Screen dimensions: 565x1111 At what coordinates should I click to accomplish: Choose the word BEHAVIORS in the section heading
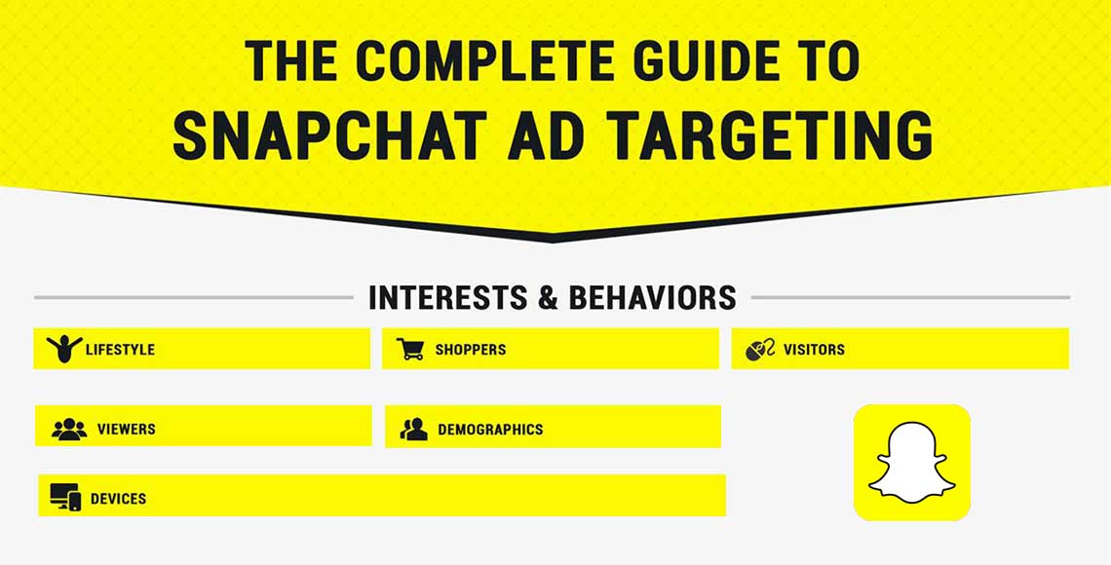pos(652,297)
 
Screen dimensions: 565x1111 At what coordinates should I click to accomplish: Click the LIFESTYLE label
pos(120,350)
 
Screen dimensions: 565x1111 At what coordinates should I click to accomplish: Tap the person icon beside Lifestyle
pos(64,349)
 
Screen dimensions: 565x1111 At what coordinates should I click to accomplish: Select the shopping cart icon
pos(410,349)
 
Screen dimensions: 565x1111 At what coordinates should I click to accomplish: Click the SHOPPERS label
pos(471,350)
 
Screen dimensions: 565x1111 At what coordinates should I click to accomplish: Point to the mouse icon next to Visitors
pos(760,349)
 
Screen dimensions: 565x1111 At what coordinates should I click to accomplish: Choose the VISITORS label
pos(814,350)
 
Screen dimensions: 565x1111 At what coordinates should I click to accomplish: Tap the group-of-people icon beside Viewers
pos(69,429)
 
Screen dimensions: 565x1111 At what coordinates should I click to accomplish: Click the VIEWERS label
pos(126,429)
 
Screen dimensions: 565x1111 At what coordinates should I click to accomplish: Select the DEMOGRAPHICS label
pos(490,429)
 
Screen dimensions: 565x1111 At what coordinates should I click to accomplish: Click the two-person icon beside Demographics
pos(414,429)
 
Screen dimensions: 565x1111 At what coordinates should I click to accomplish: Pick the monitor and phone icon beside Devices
pos(65,498)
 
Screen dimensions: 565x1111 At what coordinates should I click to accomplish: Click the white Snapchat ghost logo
pos(911,463)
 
